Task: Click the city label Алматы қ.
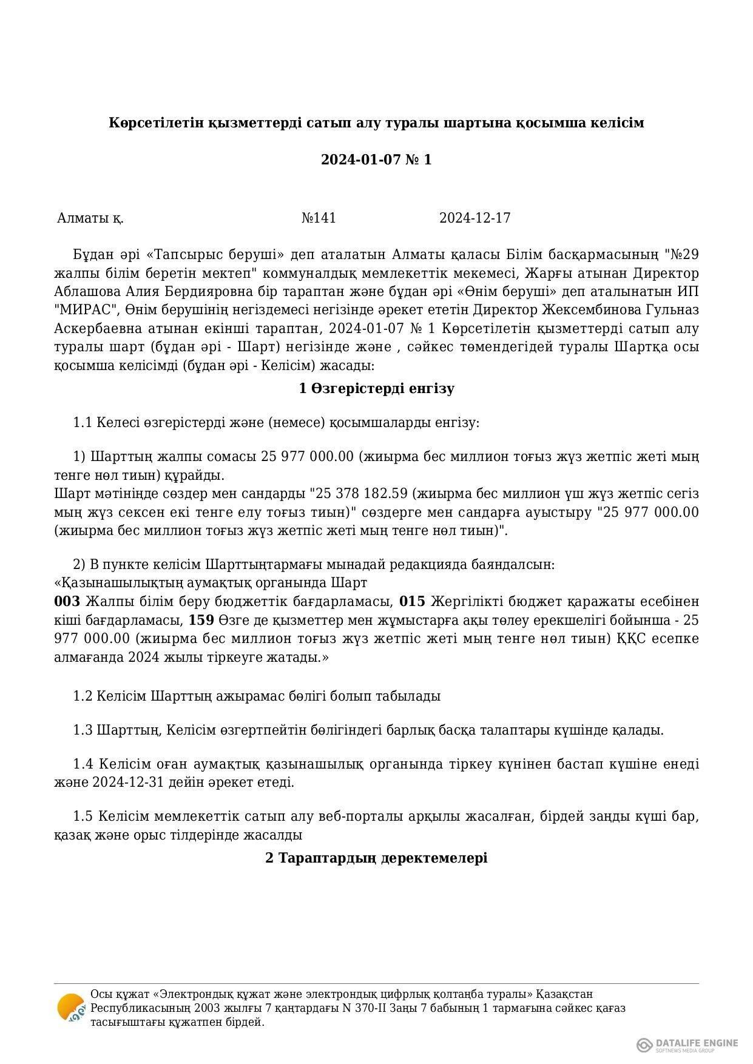90,218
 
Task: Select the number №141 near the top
319,218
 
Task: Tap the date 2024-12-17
474,218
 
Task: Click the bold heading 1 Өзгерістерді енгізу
376,389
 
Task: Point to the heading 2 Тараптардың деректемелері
376,858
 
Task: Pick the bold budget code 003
67,602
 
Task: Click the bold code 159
201,621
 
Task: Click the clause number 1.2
83,696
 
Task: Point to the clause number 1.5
83,817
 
